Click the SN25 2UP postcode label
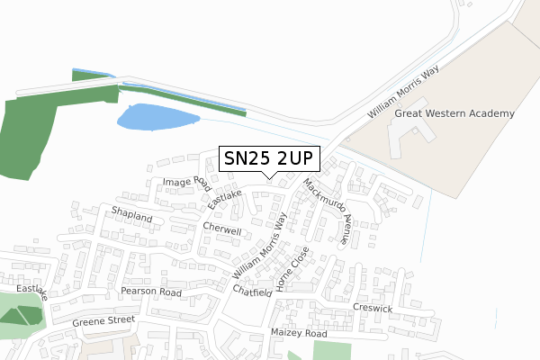point(268,158)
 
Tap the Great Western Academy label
point(454,113)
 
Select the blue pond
point(156,117)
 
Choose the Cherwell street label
point(222,229)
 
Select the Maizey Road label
point(299,333)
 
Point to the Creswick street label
point(373,308)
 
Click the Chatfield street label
point(252,292)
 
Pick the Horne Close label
point(292,268)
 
